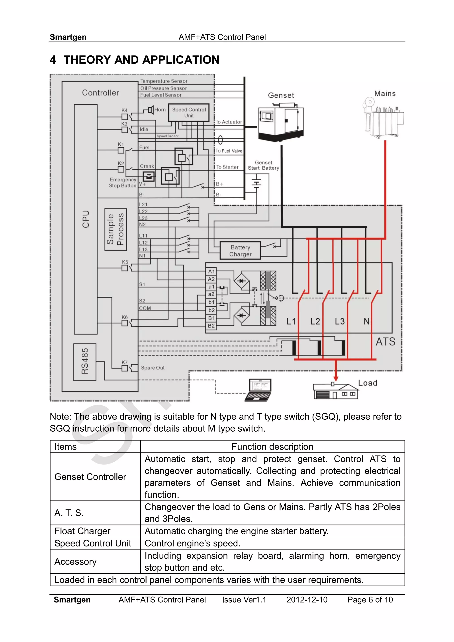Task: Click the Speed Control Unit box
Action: [x=189, y=113]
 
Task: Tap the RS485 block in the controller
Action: [x=85, y=362]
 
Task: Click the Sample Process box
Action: [x=115, y=229]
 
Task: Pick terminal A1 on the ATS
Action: [x=211, y=271]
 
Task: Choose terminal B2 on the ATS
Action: [x=211, y=326]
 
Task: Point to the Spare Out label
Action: [x=153, y=368]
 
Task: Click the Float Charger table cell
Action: [x=82, y=531]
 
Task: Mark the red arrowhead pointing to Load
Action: [x=336, y=379]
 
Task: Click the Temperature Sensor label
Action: [x=164, y=81]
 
